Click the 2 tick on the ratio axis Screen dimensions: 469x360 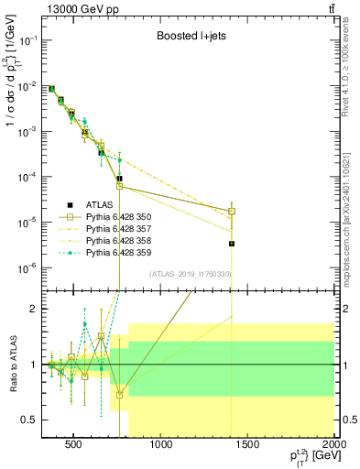point(34,309)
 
